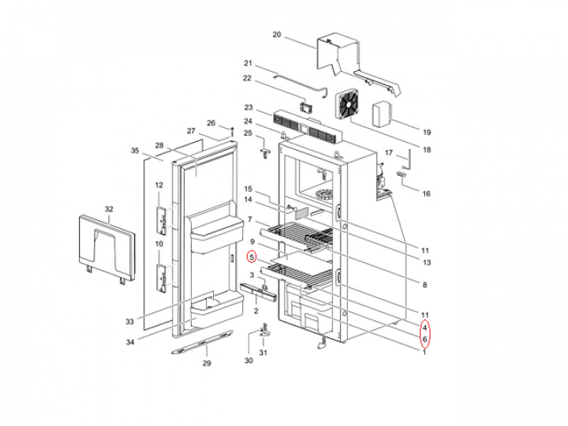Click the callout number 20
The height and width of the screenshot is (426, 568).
coord(276,35)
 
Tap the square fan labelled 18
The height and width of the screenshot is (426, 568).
coord(347,106)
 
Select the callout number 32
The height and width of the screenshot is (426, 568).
coord(109,209)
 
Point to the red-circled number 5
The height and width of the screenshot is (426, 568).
coord(252,257)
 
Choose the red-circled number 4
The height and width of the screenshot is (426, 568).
coord(424,327)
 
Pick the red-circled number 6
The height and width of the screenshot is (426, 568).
coord(424,340)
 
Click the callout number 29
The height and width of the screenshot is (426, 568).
coord(207,363)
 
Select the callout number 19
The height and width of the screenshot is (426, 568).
coord(426,133)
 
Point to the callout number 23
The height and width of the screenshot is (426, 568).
coord(248,108)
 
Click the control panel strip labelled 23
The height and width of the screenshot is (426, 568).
coord(308,126)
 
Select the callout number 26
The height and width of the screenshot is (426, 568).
coord(211,123)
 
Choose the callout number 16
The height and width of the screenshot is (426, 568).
coord(426,193)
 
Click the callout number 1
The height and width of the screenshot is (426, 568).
coord(424,352)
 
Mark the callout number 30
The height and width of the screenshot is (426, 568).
coord(248,361)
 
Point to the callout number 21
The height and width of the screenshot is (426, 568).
coord(248,63)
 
